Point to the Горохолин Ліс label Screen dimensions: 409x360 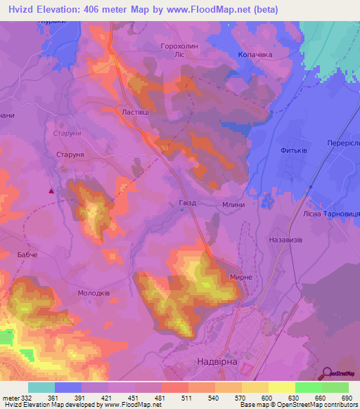point(182,48)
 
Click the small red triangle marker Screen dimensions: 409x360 point(51,190)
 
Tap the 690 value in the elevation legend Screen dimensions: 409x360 point(347,397)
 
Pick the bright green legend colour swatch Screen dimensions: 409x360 point(308,387)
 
